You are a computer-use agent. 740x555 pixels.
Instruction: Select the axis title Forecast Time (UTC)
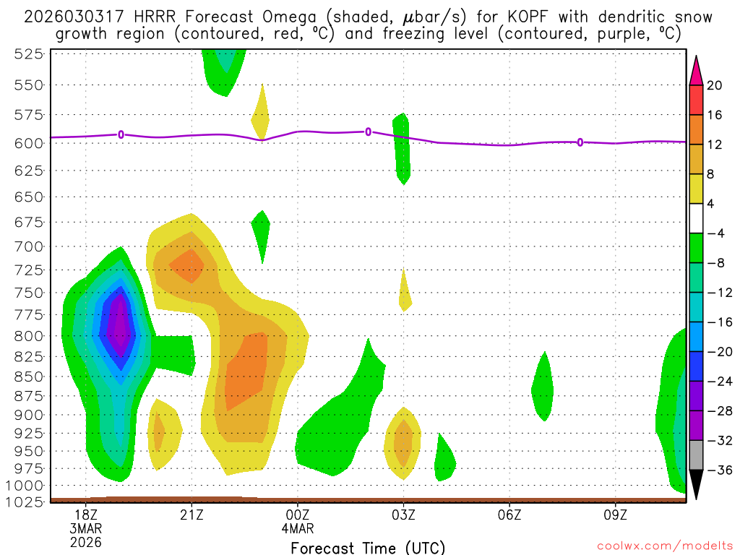[368, 547]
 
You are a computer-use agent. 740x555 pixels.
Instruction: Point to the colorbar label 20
[715, 86]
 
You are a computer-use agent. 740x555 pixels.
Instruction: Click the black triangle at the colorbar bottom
[696, 485]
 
